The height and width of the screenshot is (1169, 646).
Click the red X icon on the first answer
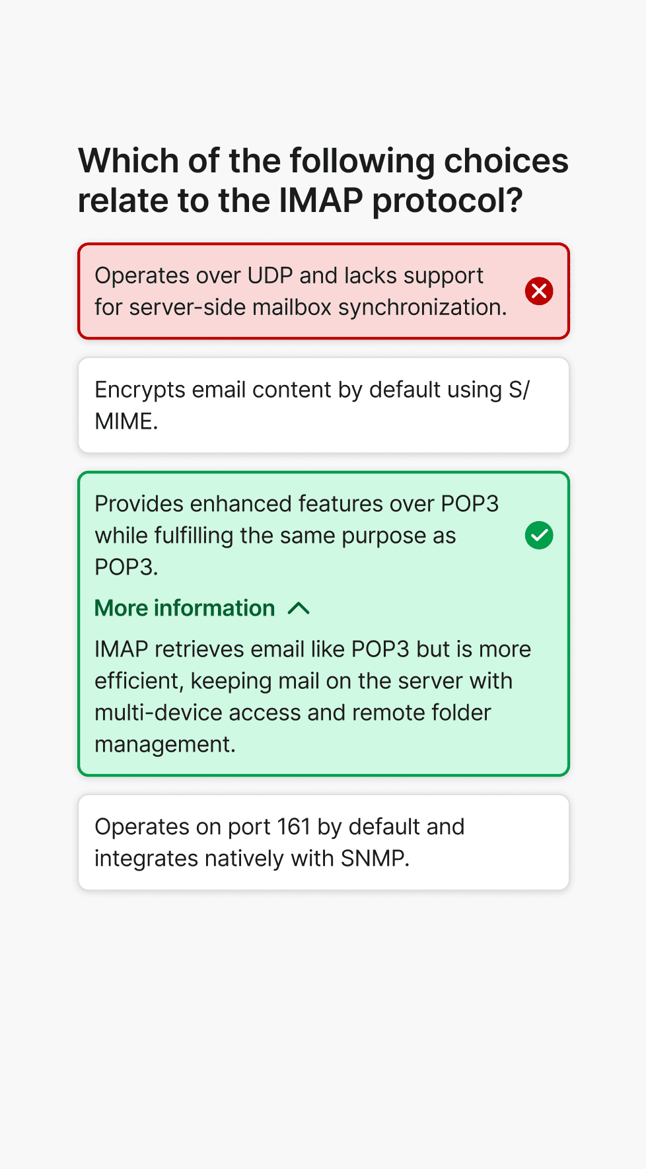(539, 291)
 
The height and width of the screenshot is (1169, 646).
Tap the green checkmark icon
(539, 535)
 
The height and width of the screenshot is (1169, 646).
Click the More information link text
(185, 608)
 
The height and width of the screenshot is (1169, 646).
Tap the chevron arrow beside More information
(299, 608)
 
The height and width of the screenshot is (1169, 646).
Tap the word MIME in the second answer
(124, 421)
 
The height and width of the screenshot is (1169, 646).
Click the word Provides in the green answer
(139, 503)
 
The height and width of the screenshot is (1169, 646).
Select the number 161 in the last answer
(294, 827)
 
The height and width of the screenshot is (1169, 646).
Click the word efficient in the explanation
(137, 681)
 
